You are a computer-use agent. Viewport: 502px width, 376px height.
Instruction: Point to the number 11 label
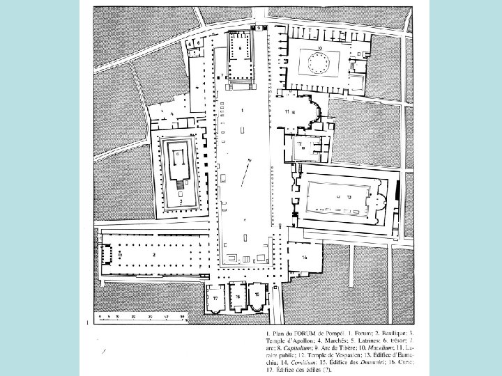coord(287,111)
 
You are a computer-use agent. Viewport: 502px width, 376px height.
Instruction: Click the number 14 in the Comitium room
coord(305,257)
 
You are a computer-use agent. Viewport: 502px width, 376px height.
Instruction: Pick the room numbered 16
coord(236,297)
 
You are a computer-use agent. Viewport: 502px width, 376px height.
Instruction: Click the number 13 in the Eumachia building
coord(340,197)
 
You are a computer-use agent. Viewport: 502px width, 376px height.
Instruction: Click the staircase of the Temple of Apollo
coord(181,185)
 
